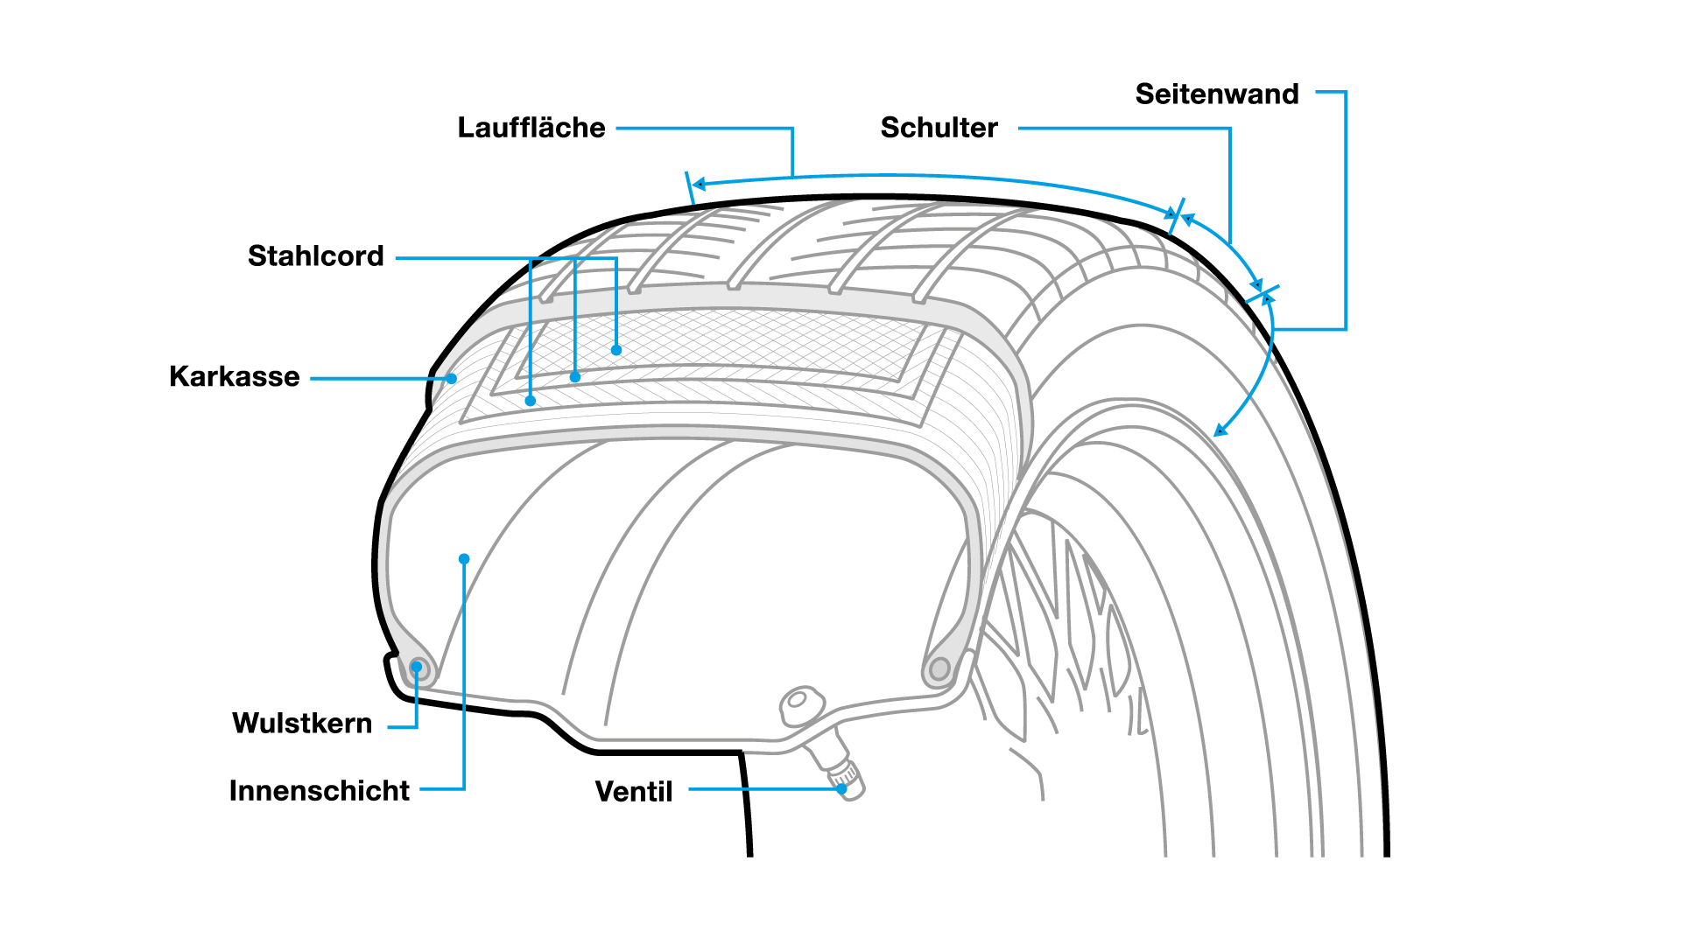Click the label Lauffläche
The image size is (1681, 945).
click(531, 128)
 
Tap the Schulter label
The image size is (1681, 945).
click(939, 128)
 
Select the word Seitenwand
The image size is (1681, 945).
click(1217, 94)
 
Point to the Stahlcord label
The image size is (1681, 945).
click(316, 256)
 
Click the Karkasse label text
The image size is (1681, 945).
click(235, 377)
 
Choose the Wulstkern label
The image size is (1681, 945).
click(302, 724)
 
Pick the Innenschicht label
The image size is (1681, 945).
click(320, 791)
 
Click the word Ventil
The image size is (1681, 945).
click(634, 792)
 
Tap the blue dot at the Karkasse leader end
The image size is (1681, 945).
click(452, 379)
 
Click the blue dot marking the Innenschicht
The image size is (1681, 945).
click(464, 559)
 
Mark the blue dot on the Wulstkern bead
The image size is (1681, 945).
click(417, 668)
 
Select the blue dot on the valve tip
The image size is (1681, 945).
click(841, 789)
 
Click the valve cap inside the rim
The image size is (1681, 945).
click(801, 704)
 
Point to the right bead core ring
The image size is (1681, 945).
click(939, 670)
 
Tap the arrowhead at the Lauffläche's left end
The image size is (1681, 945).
click(699, 184)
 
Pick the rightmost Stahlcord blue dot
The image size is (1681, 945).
click(616, 350)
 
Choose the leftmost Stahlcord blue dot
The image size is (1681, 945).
click(531, 401)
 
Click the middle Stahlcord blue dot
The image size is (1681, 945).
click(575, 377)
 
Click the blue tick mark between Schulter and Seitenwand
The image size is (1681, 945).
click(1263, 294)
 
